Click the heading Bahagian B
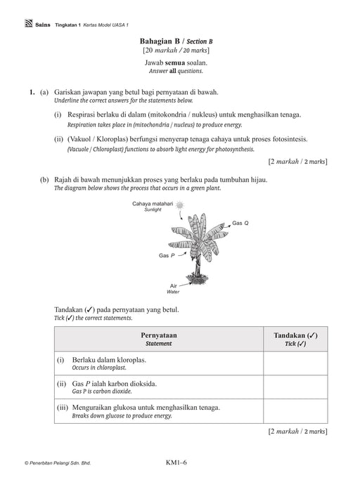(x=160, y=41)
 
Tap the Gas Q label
(x=240, y=223)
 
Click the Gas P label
(x=167, y=255)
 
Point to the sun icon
(x=179, y=205)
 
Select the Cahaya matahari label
(x=153, y=204)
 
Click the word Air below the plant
(x=174, y=285)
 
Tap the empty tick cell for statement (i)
(x=295, y=363)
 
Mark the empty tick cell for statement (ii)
(x=295, y=387)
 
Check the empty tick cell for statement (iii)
(x=295, y=411)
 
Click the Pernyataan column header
(x=159, y=335)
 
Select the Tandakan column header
(x=295, y=335)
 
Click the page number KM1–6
(x=176, y=462)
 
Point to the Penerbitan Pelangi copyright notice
(x=58, y=462)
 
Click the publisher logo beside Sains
(x=29, y=24)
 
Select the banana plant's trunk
(x=198, y=265)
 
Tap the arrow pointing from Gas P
(x=182, y=254)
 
